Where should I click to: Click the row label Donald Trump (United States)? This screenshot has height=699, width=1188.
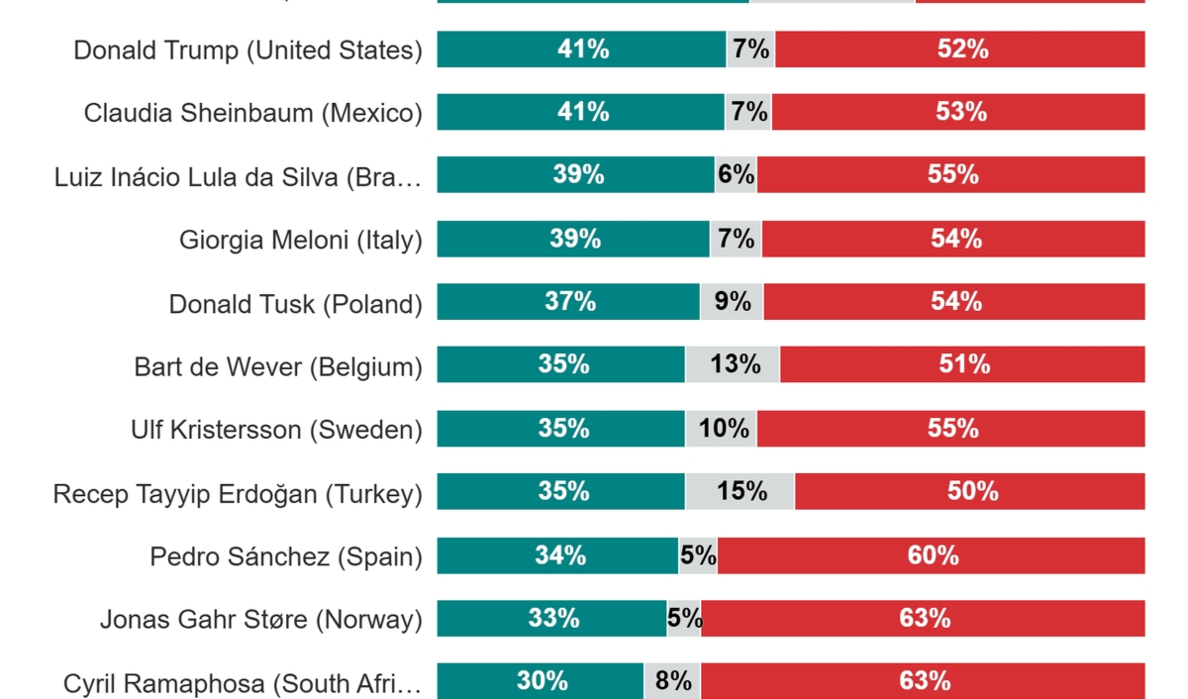coord(247,50)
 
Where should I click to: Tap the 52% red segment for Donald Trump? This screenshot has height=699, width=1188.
coord(959,50)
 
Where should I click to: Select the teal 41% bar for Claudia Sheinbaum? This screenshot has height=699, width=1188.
coord(581,113)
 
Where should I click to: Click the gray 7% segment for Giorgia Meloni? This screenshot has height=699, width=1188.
coord(736,239)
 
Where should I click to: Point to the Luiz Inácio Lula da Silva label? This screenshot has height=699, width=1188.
coord(239,177)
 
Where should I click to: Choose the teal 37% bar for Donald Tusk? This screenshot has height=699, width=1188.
coord(569,302)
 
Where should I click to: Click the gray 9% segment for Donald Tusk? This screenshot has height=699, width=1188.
coord(732,302)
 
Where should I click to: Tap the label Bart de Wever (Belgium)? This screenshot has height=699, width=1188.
coord(278,366)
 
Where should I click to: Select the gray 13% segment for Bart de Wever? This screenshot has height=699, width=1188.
coord(733,364)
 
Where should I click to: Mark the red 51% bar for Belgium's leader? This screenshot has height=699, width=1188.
coord(962,364)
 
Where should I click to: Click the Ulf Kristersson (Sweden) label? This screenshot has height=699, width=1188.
coord(276,430)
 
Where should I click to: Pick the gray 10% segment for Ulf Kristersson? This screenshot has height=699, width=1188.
coord(722,428)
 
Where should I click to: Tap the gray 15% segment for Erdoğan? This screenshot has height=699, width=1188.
coord(740,491)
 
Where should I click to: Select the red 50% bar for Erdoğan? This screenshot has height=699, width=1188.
coord(969,491)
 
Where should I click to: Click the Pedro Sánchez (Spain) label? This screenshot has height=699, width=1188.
coord(286,556)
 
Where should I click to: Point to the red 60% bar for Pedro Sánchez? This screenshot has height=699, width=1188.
coord(931,555)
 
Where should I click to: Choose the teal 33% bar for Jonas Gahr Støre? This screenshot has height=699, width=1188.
coord(551,619)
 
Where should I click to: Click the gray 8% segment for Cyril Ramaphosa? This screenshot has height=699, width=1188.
coord(672,681)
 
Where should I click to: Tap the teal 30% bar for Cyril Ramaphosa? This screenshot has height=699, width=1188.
coord(541,681)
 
